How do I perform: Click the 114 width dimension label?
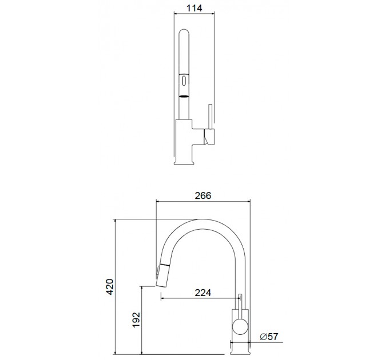(x=194, y=8)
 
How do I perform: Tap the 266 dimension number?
(x=203, y=195)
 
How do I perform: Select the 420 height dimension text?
(x=110, y=287)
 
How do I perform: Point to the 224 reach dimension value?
(x=203, y=293)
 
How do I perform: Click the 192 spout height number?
(x=136, y=319)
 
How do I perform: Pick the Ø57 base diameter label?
(x=269, y=337)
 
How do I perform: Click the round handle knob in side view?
(x=240, y=326)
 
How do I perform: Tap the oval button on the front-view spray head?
(x=184, y=81)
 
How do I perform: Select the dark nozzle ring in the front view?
(x=184, y=96)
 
